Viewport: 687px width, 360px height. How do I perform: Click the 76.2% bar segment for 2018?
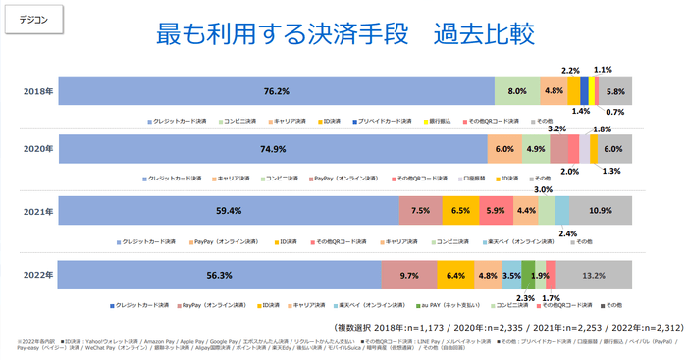tap(277, 91)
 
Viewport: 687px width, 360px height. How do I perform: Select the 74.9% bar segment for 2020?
tap(274, 149)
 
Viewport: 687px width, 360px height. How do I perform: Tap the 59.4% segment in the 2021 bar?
tap(230, 211)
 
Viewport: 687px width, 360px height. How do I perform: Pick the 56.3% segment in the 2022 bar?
tap(220, 276)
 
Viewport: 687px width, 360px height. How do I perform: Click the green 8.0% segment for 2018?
tap(517, 91)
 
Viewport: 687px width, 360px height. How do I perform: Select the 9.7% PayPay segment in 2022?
tap(408, 276)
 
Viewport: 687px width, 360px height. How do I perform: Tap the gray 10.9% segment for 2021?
tap(600, 211)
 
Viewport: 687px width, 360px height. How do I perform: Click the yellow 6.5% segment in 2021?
tap(460, 211)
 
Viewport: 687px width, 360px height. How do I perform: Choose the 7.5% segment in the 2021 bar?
tap(420, 211)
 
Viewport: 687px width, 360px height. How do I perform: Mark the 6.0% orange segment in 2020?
tap(504, 149)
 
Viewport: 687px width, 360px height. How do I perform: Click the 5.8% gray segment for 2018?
tap(615, 91)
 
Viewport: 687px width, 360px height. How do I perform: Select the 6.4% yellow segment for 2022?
tap(456, 276)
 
